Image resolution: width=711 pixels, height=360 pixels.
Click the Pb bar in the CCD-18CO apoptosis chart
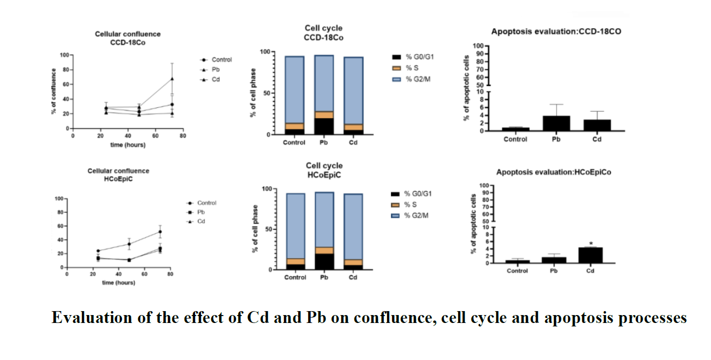(556, 123)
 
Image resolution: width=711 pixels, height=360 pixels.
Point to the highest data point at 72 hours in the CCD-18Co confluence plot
(172, 79)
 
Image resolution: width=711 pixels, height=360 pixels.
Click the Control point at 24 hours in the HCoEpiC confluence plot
(98, 251)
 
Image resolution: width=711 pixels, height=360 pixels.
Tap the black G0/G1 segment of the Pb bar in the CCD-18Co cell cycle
(324, 126)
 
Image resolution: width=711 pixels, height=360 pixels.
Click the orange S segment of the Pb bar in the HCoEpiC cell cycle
(324, 250)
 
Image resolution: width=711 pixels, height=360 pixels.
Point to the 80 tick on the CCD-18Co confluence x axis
(183, 135)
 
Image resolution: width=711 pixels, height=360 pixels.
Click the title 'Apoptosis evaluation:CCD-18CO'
(556, 32)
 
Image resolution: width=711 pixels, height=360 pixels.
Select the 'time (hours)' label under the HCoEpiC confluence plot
(118, 283)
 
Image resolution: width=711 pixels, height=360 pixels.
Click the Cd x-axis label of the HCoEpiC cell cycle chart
(353, 277)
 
